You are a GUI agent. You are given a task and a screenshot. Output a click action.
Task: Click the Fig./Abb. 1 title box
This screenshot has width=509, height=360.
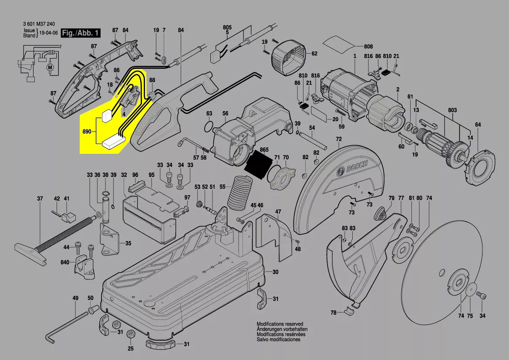tap(81, 33)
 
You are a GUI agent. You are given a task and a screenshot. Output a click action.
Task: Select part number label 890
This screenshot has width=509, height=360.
tap(87, 131)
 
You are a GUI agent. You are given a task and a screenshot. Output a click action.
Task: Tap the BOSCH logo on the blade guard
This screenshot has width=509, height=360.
tap(357, 168)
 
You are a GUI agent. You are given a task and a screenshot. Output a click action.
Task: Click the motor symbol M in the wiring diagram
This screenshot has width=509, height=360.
tap(49, 67)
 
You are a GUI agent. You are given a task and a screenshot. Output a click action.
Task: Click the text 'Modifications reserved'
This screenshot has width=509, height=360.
tap(278, 325)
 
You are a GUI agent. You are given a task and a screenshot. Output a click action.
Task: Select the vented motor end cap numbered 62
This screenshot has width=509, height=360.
tap(287, 55)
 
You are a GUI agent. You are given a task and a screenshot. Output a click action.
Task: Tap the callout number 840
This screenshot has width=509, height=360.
tap(65, 262)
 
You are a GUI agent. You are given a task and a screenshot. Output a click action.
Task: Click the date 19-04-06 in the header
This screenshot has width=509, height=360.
tap(48, 33)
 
